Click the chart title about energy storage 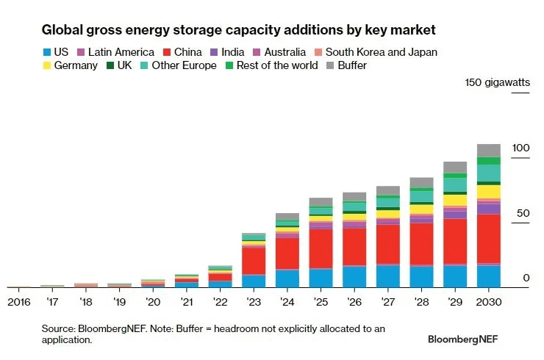click(239, 30)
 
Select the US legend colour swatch click(48, 52)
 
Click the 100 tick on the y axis click(520, 148)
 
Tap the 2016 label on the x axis click(19, 302)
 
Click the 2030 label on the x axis click(488, 302)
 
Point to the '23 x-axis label click(254, 302)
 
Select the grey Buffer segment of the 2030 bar click(488, 150)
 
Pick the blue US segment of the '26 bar click(354, 276)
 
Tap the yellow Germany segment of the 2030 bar click(488, 191)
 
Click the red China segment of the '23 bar click(254, 261)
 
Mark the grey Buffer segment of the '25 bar click(321, 202)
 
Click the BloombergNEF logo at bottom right click(466, 339)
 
